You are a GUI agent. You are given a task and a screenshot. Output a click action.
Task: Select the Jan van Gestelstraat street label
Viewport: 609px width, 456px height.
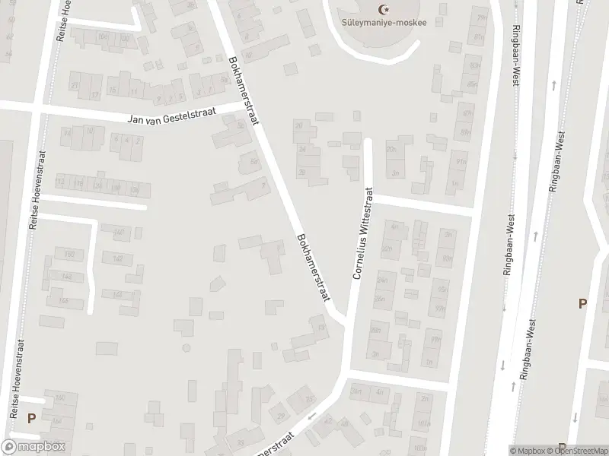(x=171, y=116)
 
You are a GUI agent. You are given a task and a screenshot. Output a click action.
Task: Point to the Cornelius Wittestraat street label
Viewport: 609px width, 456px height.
(x=362, y=234)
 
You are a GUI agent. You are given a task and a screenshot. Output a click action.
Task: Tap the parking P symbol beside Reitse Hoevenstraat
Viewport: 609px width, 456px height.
(x=31, y=417)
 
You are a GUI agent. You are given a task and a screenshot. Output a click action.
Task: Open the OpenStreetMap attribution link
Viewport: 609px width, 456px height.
(x=581, y=451)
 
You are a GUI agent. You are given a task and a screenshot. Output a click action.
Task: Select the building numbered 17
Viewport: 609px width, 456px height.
(x=95, y=95)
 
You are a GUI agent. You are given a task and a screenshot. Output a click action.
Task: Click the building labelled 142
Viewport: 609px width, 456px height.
(x=117, y=258)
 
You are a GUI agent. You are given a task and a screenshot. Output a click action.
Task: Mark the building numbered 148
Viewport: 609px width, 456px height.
(x=117, y=293)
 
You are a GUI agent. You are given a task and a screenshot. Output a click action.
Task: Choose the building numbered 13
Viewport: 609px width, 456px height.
(x=322, y=328)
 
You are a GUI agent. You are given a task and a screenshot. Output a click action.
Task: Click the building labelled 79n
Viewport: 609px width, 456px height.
(x=479, y=17)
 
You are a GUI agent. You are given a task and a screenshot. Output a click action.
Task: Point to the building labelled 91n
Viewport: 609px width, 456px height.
(x=461, y=162)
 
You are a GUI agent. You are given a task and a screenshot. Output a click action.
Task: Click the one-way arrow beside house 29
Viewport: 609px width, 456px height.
(x=311, y=416)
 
